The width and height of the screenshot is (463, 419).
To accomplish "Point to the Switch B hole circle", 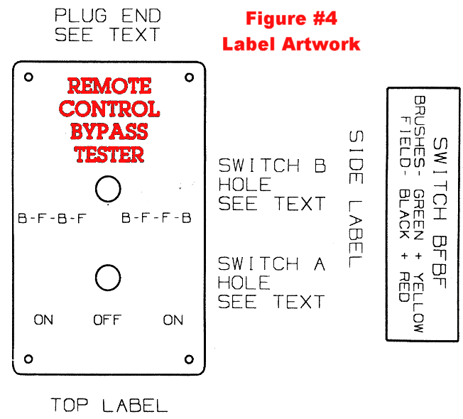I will tap(108, 190).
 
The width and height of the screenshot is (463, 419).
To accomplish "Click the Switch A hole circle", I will tap(108, 278).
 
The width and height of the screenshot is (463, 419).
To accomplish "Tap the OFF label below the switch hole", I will tap(107, 320).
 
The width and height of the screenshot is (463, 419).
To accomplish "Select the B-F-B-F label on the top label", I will tap(52, 219).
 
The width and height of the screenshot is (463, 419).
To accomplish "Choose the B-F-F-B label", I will tap(157, 219).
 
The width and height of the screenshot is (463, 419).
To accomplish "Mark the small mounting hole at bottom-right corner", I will tap(189, 359).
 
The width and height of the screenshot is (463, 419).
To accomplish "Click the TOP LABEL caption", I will tap(109, 406).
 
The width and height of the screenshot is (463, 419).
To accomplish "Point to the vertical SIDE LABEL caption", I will tap(356, 199).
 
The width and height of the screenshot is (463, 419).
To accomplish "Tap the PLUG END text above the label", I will tap(108, 16).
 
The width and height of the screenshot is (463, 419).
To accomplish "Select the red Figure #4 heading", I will tap(290, 17).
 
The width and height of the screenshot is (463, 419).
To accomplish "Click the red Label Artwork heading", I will tap(291, 44).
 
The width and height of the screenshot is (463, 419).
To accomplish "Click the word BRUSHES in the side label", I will tap(420, 124).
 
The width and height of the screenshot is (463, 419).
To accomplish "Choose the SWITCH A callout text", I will tap(271, 264).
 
